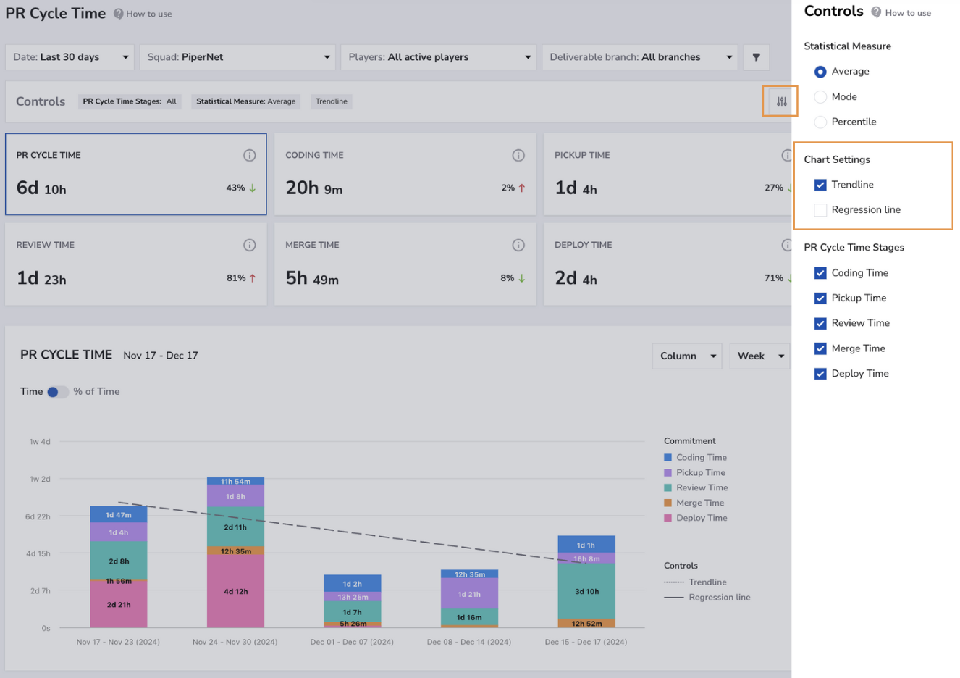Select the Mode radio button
point(820,97)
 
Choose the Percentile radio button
point(820,122)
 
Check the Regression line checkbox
point(820,210)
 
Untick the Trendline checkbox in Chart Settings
point(820,185)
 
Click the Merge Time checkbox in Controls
point(820,348)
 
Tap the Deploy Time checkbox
point(820,374)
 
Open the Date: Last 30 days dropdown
point(70,57)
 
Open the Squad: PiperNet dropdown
point(237,57)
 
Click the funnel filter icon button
point(756,57)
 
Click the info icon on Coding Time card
point(518,155)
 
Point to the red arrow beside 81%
point(253,278)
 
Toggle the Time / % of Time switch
point(57,392)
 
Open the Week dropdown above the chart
point(760,356)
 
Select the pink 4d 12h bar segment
point(235,591)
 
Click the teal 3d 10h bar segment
point(586,591)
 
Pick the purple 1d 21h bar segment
point(469,593)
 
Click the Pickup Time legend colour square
point(668,472)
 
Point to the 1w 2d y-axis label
point(39,479)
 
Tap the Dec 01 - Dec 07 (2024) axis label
point(352,642)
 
